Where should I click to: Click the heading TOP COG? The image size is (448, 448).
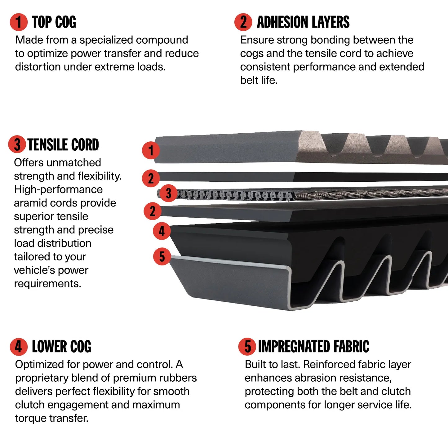[54, 22]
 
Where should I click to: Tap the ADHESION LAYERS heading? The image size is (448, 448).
[303, 22]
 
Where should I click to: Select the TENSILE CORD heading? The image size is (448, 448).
[63, 144]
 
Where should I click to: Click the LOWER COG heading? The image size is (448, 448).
[62, 346]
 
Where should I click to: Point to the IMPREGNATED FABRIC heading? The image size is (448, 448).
[314, 346]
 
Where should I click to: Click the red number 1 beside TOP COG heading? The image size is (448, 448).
[19, 22]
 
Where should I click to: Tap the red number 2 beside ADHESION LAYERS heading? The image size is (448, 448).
[243, 22]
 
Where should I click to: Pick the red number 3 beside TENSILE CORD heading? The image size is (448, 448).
[17, 144]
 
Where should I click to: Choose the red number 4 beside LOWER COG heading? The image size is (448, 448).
[19, 347]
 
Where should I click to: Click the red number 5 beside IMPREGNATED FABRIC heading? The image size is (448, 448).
[247, 346]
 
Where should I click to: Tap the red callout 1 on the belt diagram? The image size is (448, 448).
[151, 150]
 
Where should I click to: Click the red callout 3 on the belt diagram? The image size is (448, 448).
[169, 193]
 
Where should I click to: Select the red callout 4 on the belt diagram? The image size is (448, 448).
[162, 231]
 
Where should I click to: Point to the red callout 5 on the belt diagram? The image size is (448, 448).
[162, 256]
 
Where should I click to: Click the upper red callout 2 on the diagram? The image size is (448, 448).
[151, 178]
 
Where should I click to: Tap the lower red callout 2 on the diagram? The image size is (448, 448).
[153, 211]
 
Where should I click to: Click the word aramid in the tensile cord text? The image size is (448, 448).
[29, 203]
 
